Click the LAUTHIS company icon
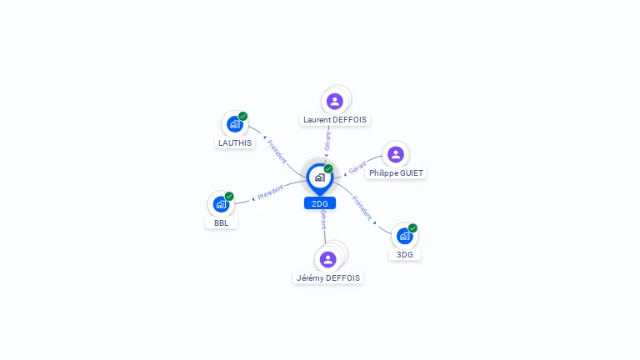(234, 124)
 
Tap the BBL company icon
(220, 204)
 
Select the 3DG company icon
(404, 236)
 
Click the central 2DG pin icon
(319, 177)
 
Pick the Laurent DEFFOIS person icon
(335, 101)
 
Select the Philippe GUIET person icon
(396, 154)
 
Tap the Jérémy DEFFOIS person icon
(328, 258)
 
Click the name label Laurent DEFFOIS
(335, 120)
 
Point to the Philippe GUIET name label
(397, 173)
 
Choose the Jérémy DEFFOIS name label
(328, 277)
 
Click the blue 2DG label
(320, 203)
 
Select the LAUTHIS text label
(235, 142)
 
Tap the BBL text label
(221, 222)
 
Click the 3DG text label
(404, 254)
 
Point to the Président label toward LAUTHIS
(277, 152)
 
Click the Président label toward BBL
(271, 192)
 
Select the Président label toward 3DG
(362, 207)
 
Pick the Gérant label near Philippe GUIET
(357, 167)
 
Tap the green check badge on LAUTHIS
(242, 116)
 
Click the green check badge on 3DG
(412, 227)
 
